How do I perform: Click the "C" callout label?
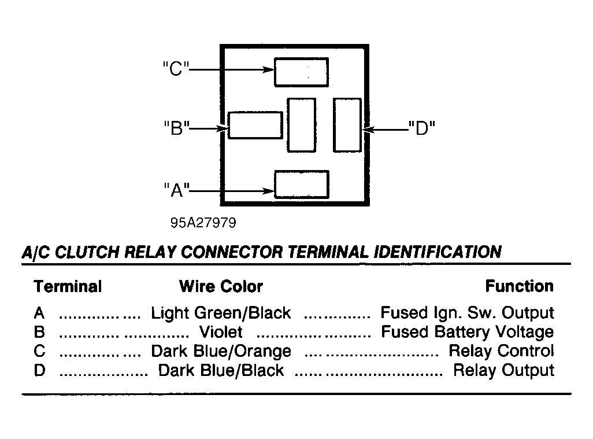(x=176, y=69)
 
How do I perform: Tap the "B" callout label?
(x=177, y=128)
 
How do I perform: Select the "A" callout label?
(x=177, y=190)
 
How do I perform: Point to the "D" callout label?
(x=422, y=128)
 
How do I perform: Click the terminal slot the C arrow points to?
(x=302, y=72)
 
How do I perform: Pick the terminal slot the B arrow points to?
(x=255, y=126)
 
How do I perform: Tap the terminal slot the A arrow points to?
(x=302, y=185)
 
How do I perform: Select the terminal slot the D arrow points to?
(x=347, y=125)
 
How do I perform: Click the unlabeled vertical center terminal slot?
(x=302, y=125)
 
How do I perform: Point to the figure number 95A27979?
(x=203, y=223)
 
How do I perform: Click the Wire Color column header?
(x=221, y=286)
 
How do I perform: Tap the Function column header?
(x=519, y=286)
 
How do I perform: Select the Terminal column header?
(x=68, y=286)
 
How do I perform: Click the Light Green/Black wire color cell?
(x=221, y=313)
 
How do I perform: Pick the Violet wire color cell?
(x=221, y=332)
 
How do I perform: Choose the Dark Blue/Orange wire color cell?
(x=221, y=352)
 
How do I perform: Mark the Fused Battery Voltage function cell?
(x=468, y=332)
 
